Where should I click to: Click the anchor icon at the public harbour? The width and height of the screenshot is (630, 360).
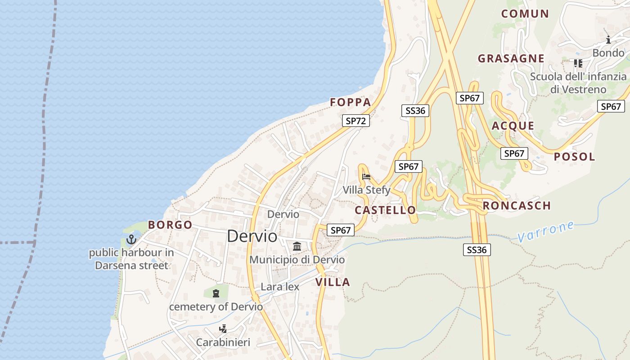131,239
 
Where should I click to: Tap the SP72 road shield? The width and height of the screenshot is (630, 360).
355,121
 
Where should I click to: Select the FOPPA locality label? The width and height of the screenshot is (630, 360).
351,103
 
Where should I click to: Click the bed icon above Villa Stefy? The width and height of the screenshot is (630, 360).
366,176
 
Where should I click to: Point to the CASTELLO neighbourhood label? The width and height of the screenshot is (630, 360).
385,210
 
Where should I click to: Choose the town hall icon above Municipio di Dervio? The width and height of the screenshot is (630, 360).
297,246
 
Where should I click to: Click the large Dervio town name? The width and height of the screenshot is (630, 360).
252,236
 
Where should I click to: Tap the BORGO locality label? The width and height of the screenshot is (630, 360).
170,225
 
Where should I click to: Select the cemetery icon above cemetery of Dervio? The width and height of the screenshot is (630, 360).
216,293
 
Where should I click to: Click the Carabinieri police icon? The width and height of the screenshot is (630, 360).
223,329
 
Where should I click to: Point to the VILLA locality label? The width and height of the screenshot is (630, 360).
333,282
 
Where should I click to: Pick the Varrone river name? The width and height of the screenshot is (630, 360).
546,231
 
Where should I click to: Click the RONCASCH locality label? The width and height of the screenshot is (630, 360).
517,206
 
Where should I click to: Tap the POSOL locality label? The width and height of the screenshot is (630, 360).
574,157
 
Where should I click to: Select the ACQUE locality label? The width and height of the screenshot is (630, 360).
513,126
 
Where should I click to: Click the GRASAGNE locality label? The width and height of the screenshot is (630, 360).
511,58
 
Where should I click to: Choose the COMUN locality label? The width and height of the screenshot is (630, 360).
525,13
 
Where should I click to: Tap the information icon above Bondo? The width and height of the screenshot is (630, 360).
608,40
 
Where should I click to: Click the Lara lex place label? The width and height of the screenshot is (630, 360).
280,287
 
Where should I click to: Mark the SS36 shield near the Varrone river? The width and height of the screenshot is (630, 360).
477,250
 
